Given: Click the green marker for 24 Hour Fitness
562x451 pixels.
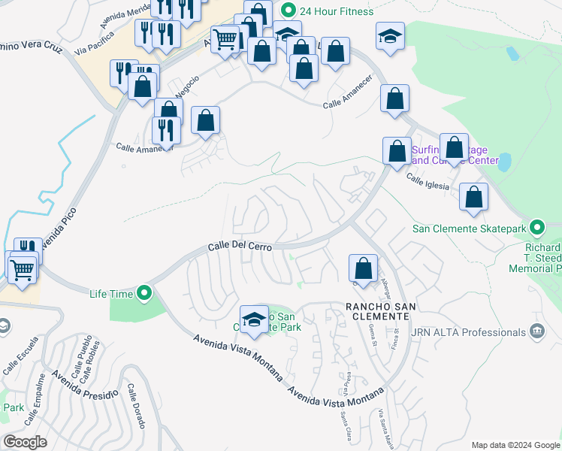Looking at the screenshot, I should click(286, 11).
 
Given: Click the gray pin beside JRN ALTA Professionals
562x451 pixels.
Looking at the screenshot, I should click(536, 331).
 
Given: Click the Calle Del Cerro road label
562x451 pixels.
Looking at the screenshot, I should click(239, 247).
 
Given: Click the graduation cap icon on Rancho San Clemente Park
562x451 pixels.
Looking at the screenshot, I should click(254, 318).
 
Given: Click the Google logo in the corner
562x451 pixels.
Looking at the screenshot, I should click(26, 441).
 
